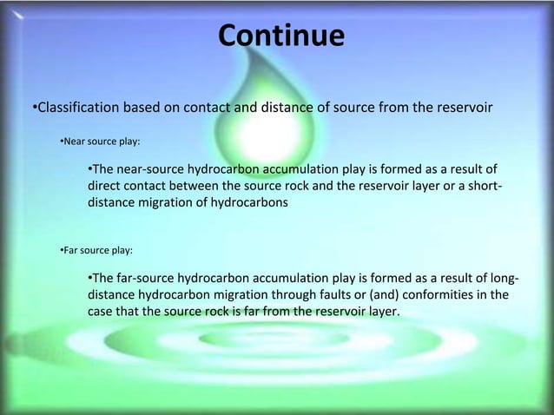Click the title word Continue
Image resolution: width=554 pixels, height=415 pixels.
coord(280,36)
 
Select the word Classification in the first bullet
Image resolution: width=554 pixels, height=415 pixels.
coord(66,108)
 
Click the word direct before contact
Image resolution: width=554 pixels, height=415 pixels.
coord(104,185)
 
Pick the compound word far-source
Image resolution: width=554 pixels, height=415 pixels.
coord(147,279)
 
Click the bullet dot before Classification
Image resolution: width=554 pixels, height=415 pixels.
coord(23,108)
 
